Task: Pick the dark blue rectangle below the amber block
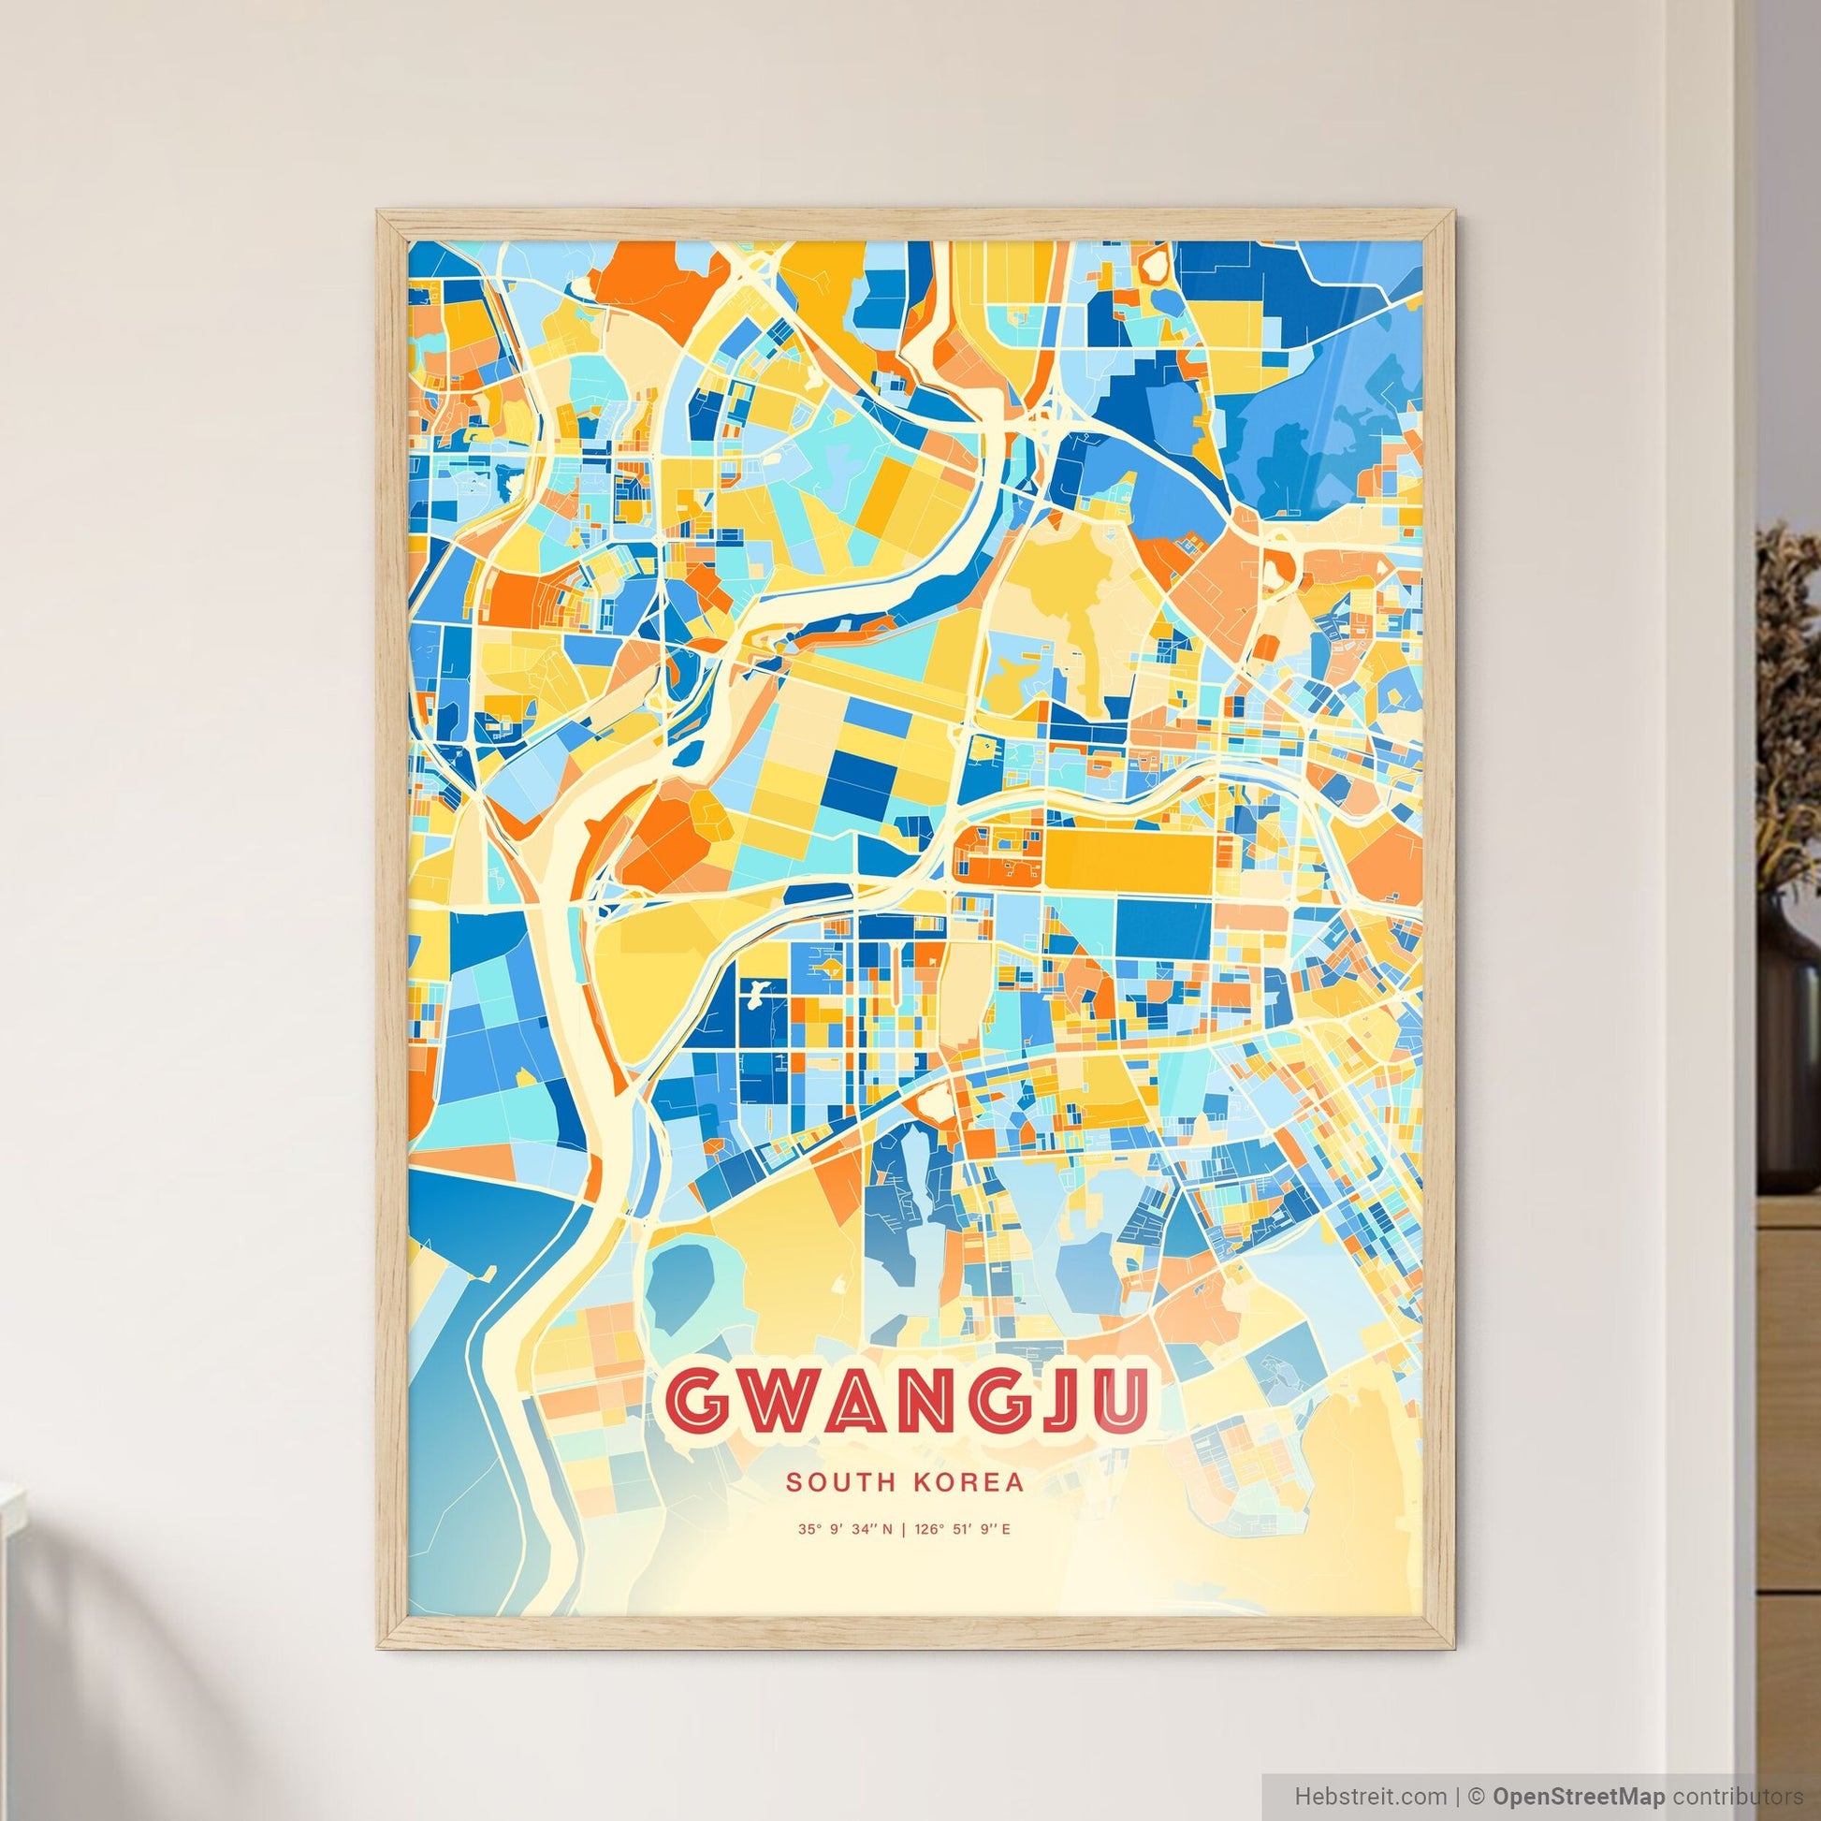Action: pyautogui.click(x=1163, y=929)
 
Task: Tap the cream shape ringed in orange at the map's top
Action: pyautogui.click(x=1157, y=264)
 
